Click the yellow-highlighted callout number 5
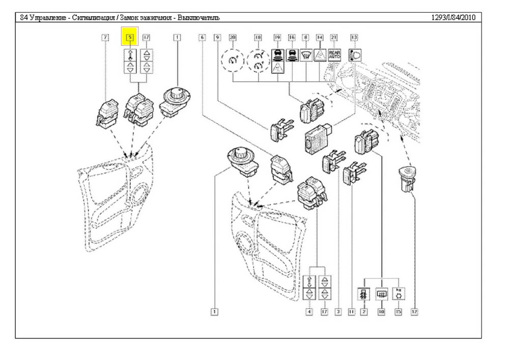coord(130,37)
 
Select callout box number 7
coord(105,37)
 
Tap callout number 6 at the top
coord(203,37)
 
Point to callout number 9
coord(217,37)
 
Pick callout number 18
coord(258,37)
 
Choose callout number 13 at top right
coord(354,37)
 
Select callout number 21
coord(334,37)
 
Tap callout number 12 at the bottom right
coord(414,311)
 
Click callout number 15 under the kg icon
coord(399,311)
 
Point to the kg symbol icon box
coord(399,294)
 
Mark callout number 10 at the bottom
coord(381,311)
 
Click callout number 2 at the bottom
coord(363,311)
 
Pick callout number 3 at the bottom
coord(337,311)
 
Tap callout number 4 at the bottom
coord(309,311)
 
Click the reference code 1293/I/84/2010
coord(453,17)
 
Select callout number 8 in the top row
coord(305,37)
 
